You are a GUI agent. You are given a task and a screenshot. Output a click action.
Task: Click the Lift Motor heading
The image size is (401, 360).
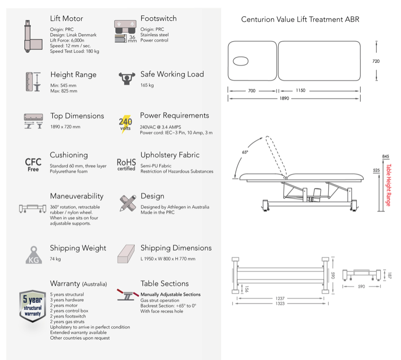(66, 19)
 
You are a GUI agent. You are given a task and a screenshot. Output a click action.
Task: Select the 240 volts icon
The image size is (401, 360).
(126, 123)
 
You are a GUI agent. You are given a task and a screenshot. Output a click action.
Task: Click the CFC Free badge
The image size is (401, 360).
(33, 164)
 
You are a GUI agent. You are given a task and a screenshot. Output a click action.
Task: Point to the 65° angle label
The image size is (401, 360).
(245, 152)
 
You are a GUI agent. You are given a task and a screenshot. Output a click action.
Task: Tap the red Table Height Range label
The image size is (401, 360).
(389, 185)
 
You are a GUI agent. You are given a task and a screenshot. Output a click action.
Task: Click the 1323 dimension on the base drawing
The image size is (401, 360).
(280, 304)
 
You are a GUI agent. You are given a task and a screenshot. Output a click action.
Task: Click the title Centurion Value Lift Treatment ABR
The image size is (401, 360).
(300, 19)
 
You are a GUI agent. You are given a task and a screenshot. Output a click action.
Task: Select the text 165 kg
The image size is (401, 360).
(147, 85)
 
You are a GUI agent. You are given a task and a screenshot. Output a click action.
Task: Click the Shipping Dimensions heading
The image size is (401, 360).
(176, 248)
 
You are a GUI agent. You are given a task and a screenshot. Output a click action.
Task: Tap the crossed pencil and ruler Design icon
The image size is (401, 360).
(126, 202)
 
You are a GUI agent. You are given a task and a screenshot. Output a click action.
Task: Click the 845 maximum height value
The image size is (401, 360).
(385, 157)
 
